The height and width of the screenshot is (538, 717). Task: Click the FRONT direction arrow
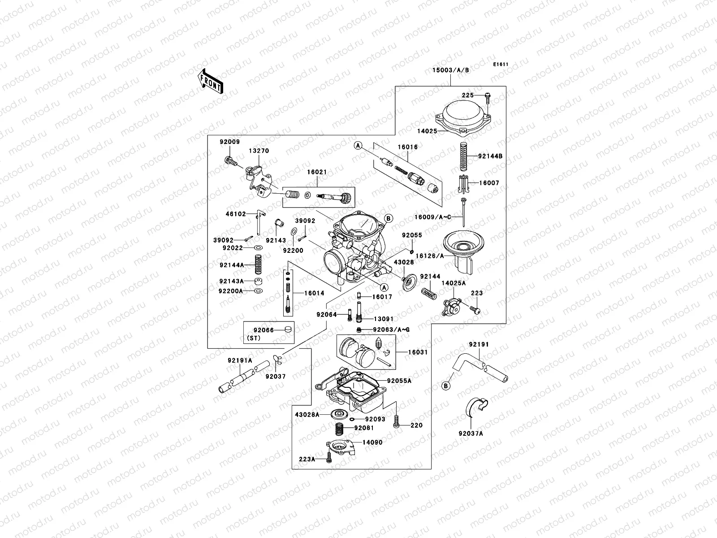pos(211,81)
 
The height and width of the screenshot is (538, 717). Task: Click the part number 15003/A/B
pos(450,70)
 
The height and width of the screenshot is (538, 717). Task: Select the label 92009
pos(229,142)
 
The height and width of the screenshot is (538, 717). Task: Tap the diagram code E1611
pos(501,65)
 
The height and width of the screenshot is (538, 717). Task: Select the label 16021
pos(317,184)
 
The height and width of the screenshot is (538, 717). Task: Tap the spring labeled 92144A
pos(258,265)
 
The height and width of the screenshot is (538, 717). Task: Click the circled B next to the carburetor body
pos(389,218)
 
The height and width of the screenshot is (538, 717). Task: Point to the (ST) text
pos(253,338)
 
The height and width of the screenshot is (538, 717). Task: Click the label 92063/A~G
pos(391,330)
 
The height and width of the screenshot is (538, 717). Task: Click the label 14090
pos(372,442)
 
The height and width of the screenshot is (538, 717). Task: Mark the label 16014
pos(314,293)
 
